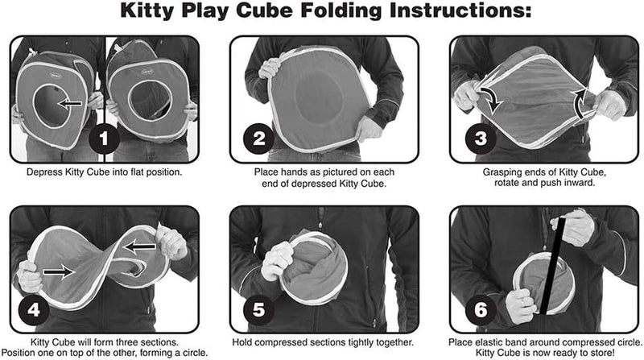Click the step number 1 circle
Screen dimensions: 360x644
pyautogui.click(x=101, y=138)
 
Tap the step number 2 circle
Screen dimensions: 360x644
pyautogui.click(x=257, y=138)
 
